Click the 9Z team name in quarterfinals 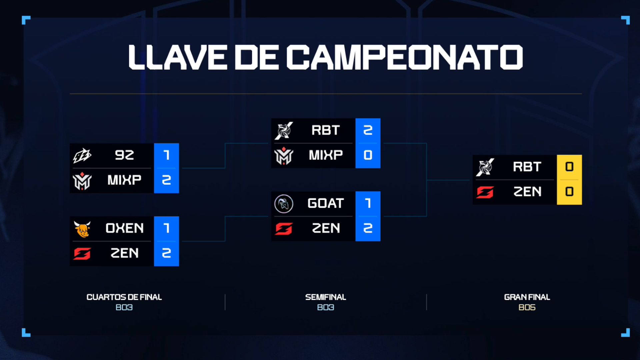tap(124, 155)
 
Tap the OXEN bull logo tap(82, 229)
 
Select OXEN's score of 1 tap(166, 228)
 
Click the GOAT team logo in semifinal tap(284, 204)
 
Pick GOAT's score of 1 tap(368, 203)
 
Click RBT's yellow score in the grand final tap(569, 167)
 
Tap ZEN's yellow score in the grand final tap(569, 192)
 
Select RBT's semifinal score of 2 tap(368, 130)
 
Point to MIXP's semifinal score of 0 tap(368, 155)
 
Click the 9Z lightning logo tap(82, 156)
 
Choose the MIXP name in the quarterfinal tap(124, 180)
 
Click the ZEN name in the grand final tap(527, 192)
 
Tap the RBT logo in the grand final tap(485, 167)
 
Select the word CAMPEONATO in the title tap(405, 57)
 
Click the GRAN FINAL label tap(527, 297)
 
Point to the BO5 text tap(527, 307)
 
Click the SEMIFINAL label tap(326, 297)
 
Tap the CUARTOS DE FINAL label tap(124, 297)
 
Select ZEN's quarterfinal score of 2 tap(166, 253)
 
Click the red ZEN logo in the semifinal tap(284, 229)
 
